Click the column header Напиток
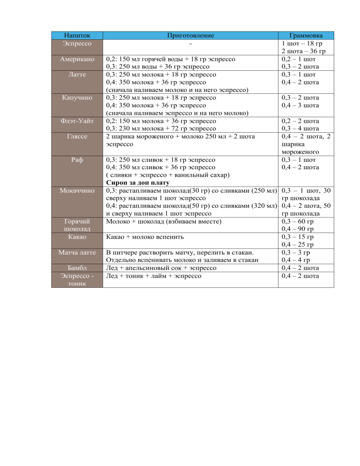(x=77, y=36)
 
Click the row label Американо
(x=77, y=59)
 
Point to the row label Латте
(x=77, y=75)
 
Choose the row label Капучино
(x=77, y=98)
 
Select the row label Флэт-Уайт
(x=77, y=120)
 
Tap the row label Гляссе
(x=77, y=136)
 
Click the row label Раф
(x=77, y=159)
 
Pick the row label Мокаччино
(x=77, y=190)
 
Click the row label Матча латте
(x=77, y=252)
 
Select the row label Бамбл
(x=77, y=268)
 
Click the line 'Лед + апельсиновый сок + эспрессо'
(x=161, y=268)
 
